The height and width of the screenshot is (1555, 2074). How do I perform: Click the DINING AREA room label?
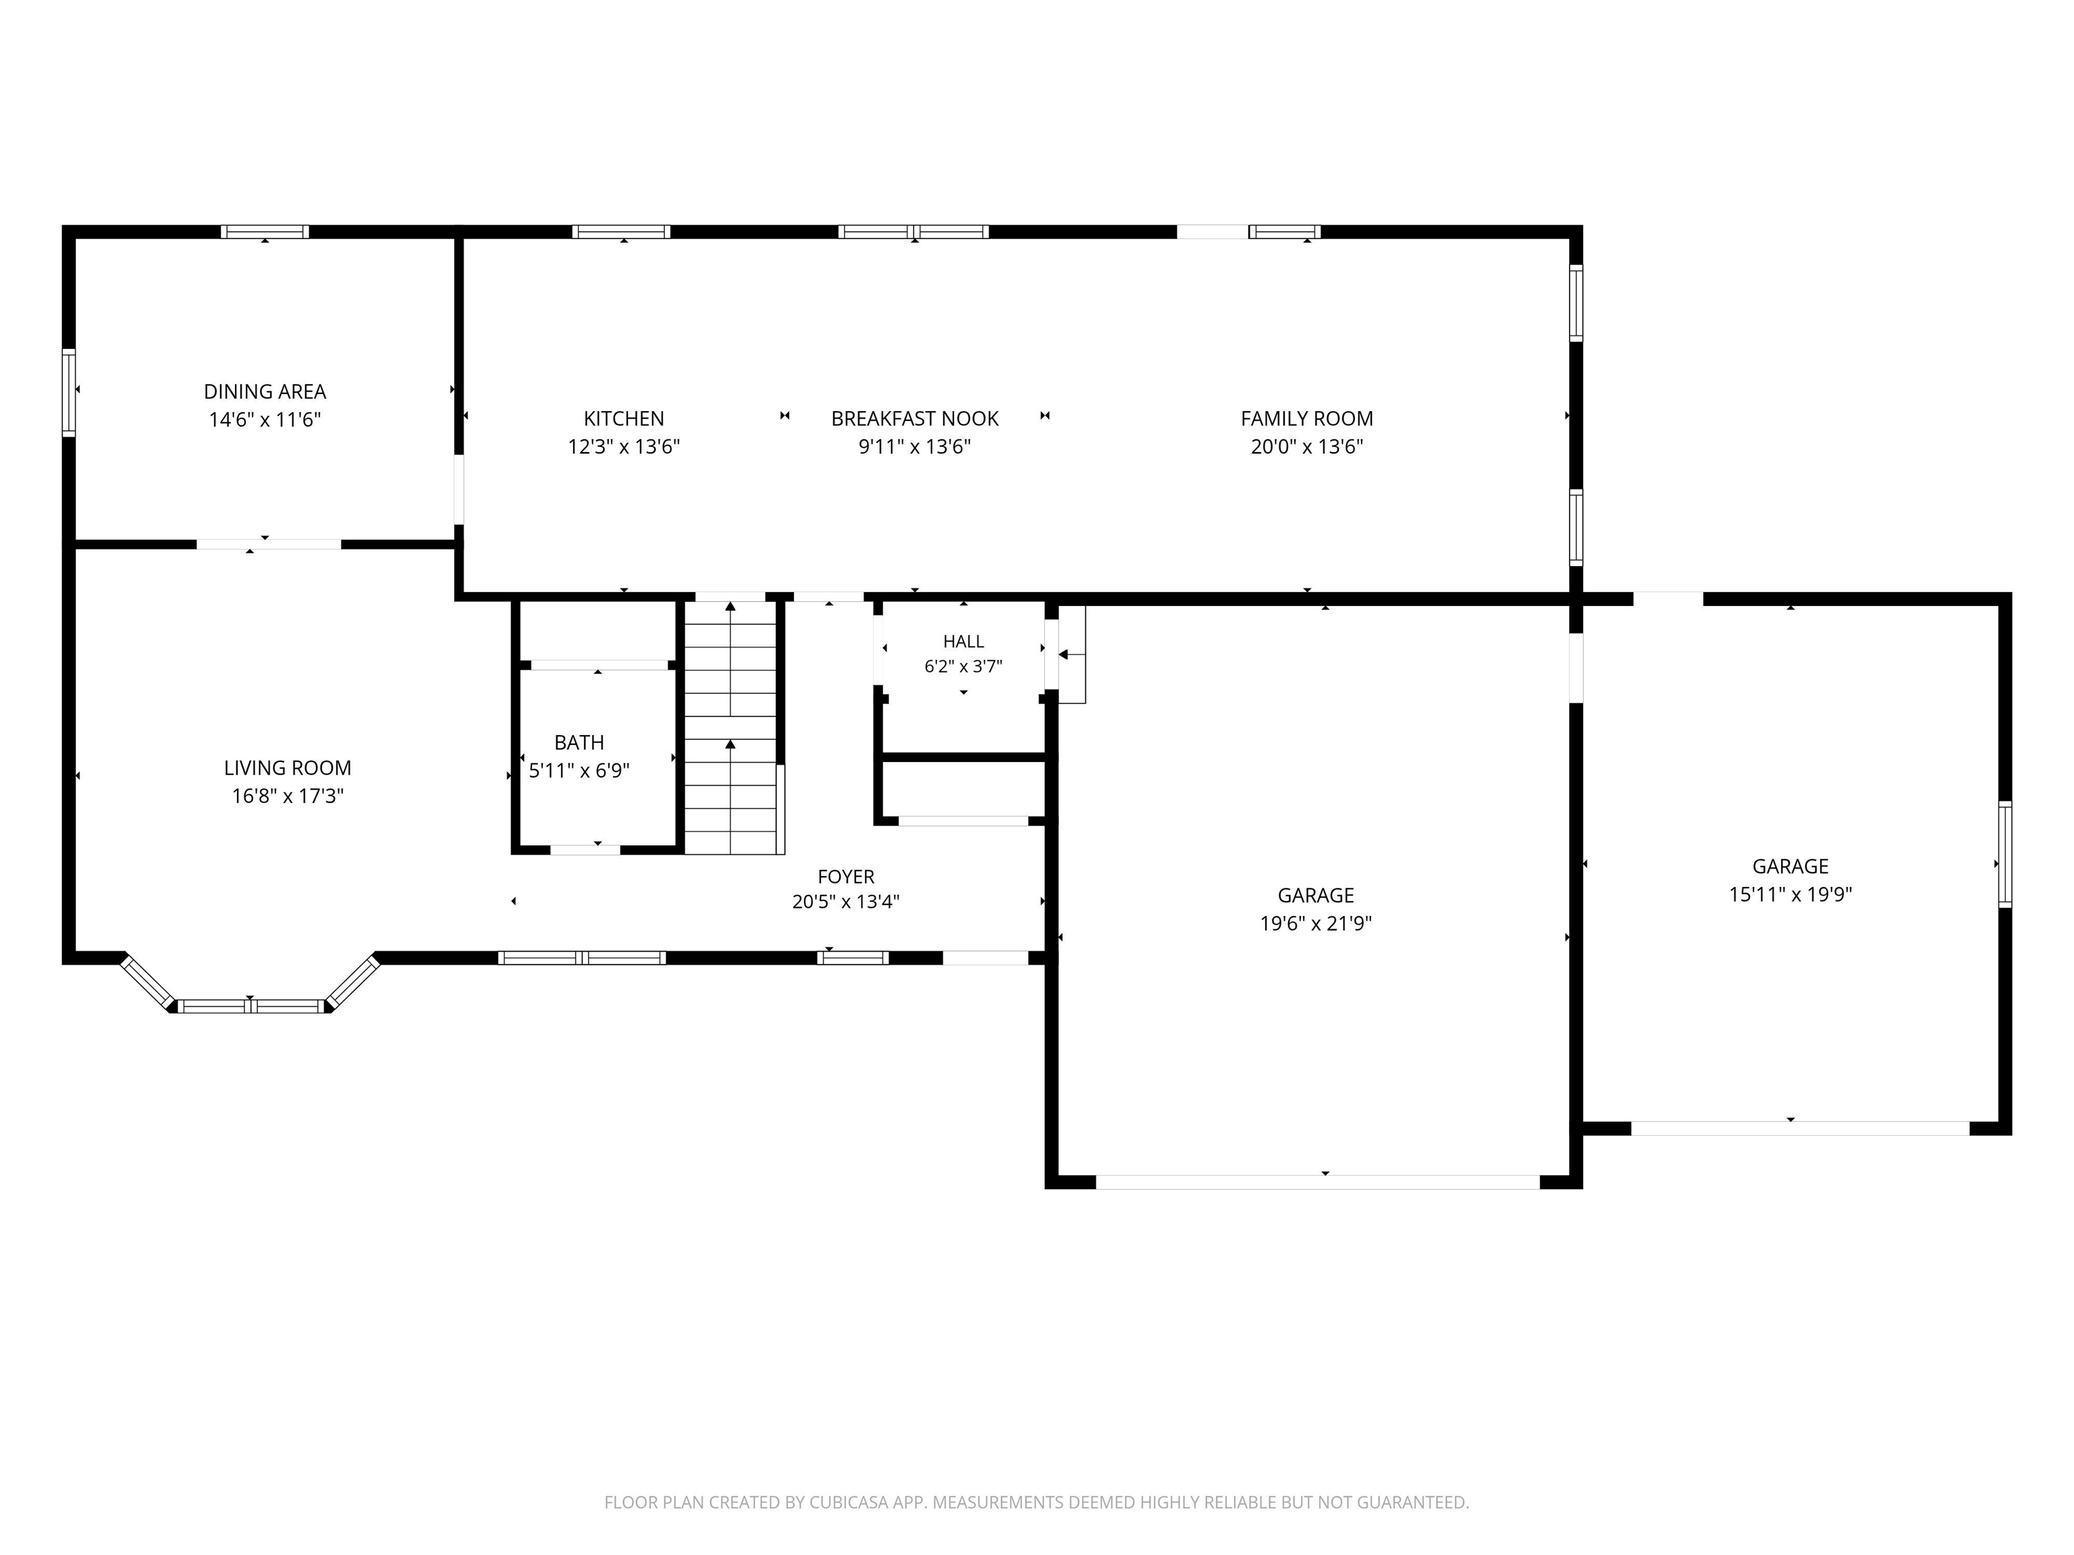point(265,392)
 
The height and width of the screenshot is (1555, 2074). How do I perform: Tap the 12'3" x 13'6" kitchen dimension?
point(624,446)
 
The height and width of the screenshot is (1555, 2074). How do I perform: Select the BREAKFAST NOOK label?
point(915,419)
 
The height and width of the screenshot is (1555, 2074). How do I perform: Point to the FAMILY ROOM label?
point(1307,419)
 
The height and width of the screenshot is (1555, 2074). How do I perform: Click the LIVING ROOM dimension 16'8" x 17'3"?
point(288,796)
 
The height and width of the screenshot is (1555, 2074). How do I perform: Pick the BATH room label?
point(579,742)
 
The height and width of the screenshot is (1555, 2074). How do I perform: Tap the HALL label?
point(964,641)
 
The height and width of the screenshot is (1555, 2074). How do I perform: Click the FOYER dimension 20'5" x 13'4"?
point(846,902)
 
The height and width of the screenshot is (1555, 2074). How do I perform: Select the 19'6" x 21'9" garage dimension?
point(1315,923)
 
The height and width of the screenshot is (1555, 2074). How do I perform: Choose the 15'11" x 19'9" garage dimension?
point(1791,894)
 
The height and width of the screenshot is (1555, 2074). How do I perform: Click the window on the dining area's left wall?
point(68,393)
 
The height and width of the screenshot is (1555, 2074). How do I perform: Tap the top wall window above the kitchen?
point(622,231)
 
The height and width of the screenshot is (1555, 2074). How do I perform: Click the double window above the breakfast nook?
point(914,231)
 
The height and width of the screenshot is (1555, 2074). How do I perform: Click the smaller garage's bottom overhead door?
point(1800,1128)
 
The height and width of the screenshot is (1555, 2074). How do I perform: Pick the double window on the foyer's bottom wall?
point(582,958)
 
